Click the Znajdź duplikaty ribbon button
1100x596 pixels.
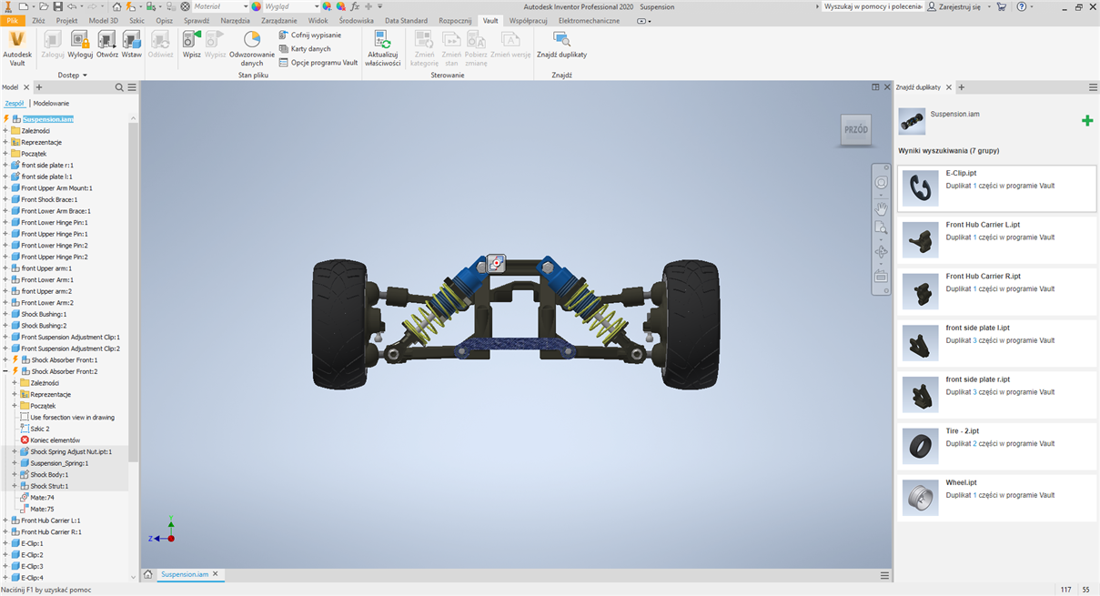click(561, 45)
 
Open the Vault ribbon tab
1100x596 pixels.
click(490, 21)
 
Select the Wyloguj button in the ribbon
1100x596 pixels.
click(80, 45)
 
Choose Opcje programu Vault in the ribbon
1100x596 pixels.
click(318, 63)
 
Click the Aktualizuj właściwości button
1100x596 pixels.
click(382, 48)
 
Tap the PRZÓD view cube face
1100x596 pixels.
click(856, 129)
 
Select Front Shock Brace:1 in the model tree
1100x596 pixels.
click(49, 199)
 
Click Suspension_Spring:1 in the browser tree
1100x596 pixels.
click(59, 463)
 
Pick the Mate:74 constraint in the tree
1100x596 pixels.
click(42, 498)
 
